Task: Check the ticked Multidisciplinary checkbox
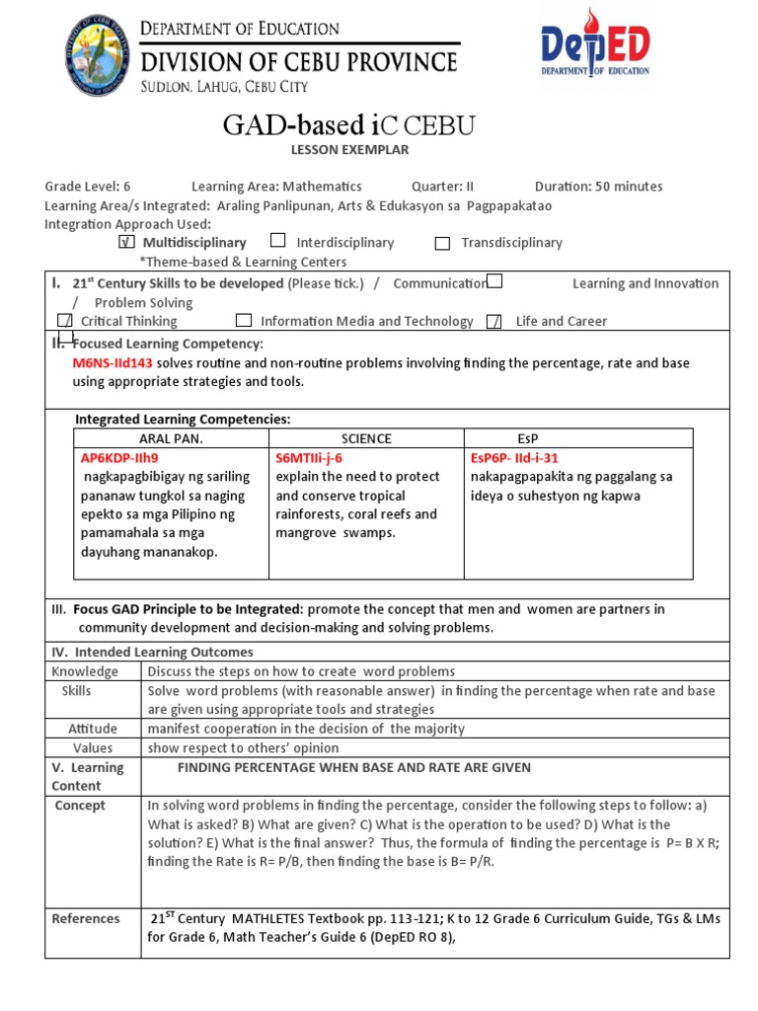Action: (125, 242)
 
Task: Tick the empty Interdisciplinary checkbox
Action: (278, 241)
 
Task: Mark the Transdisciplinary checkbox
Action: (442, 243)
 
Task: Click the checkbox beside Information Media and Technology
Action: (244, 321)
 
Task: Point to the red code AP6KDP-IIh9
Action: (118, 458)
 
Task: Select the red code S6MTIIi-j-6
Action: (309, 458)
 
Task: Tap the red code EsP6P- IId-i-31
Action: (514, 458)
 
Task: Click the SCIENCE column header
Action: (366, 438)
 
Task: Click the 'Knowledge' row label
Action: (85, 671)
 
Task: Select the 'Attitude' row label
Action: (93, 729)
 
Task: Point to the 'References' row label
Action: (86, 918)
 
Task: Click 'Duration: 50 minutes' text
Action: (598, 187)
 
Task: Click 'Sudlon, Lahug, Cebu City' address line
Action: (223, 87)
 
